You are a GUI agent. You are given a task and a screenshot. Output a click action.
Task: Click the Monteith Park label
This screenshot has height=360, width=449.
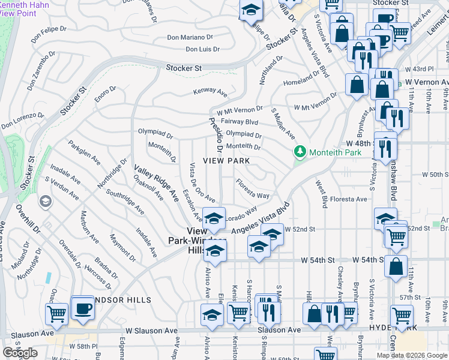tap(335, 152)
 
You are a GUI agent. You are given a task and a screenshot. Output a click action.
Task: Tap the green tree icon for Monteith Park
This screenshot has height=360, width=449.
tap(300, 152)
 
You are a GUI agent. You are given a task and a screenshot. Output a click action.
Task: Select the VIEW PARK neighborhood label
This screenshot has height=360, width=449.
tap(226, 161)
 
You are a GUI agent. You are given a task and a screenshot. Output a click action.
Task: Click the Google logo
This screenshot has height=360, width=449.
tap(20, 352)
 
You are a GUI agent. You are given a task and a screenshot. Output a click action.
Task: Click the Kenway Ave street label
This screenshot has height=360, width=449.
tap(209, 92)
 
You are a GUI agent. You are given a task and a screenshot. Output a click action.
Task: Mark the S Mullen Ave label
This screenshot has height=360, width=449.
tap(283, 123)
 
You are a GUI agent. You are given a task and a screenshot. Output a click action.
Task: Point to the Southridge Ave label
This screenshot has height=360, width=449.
tap(124, 202)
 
